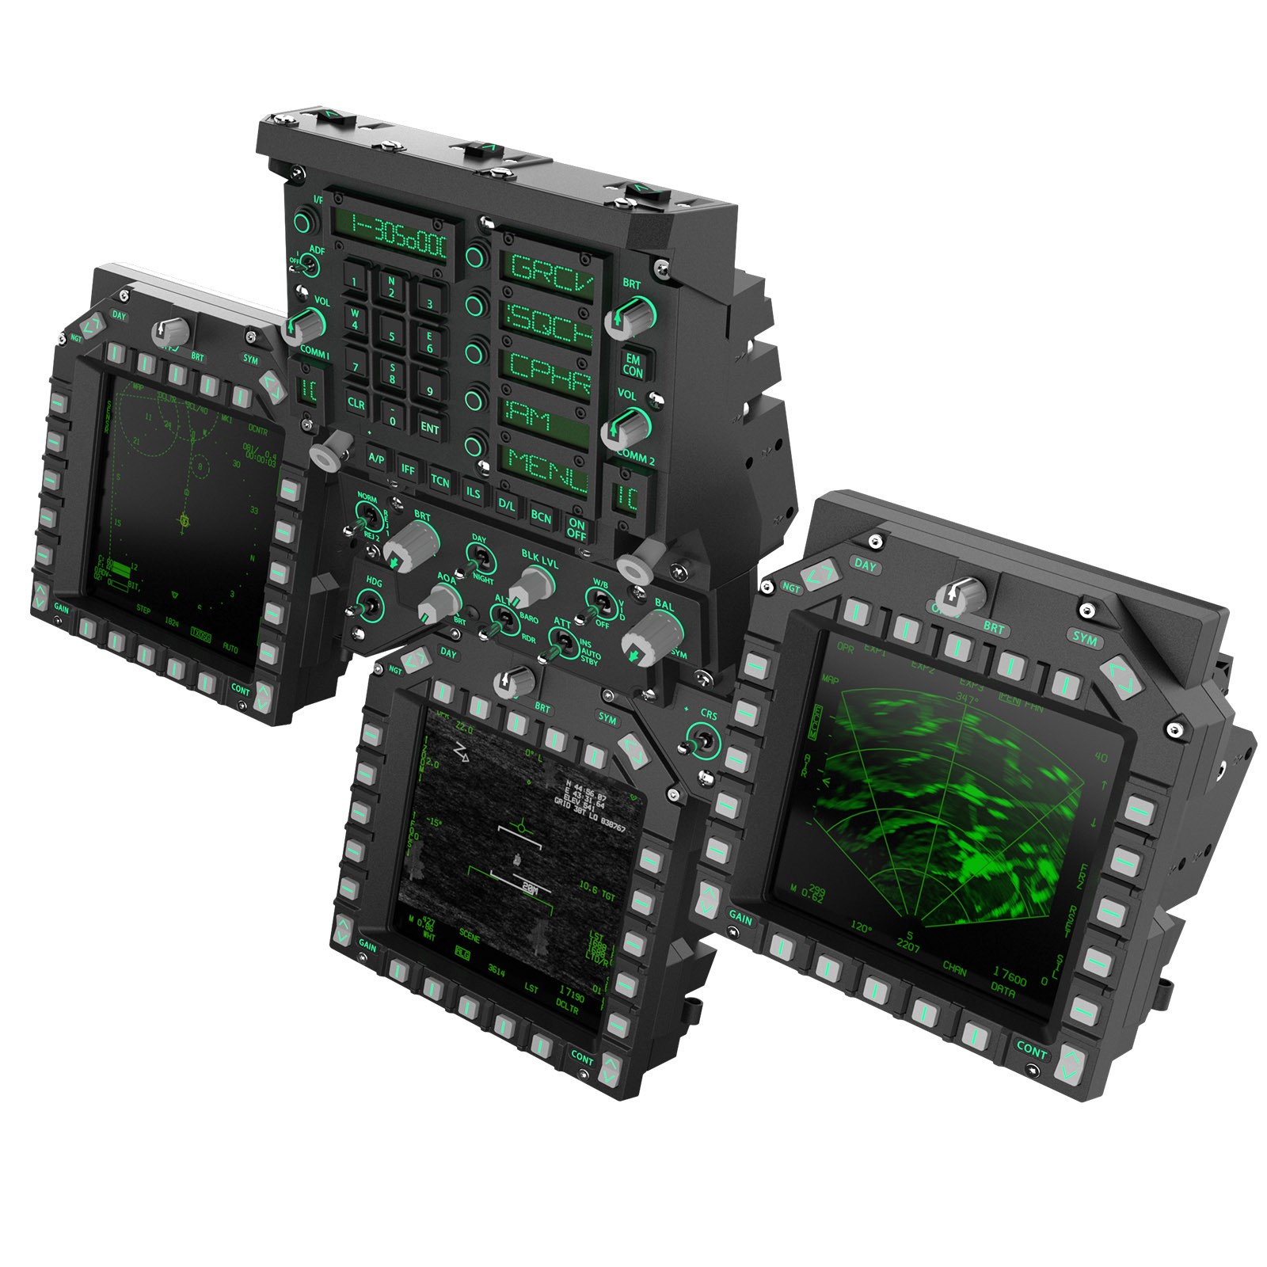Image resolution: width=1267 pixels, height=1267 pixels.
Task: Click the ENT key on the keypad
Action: coord(430,428)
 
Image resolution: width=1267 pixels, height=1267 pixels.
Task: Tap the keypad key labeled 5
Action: coord(392,336)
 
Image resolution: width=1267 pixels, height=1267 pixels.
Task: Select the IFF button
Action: coord(408,470)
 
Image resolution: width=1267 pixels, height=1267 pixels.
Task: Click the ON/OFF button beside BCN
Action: coord(576,528)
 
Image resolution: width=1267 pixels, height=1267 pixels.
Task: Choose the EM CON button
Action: coord(633,365)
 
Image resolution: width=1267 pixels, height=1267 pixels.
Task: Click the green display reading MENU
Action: coord(547,470)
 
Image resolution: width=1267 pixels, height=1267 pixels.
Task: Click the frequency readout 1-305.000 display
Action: coord(398,234)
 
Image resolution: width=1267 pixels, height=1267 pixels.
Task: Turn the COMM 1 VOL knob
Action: coord(306,323)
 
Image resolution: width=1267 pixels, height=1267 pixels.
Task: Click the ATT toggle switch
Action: coord(561,639)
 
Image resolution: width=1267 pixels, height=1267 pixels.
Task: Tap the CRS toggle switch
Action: coord(701,744)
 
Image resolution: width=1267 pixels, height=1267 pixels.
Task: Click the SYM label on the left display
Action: coord(250,360)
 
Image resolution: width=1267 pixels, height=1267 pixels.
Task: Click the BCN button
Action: coord(541,517)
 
